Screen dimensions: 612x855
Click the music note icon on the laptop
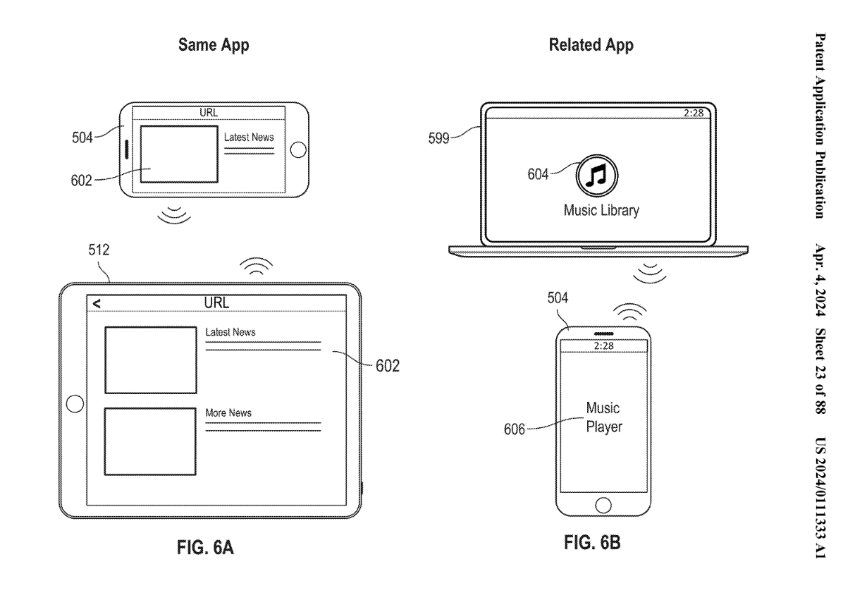(597, 173)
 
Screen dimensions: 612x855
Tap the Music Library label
(601, 210)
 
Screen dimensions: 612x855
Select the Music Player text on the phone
(604, 417)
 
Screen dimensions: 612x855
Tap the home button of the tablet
(73, 404)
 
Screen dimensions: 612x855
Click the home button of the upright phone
(603, 504)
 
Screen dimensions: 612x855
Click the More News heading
(228, 412)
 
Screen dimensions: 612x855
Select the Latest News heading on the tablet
(230, 331)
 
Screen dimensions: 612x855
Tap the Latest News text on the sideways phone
(249, 137)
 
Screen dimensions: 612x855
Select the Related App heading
(591, 47)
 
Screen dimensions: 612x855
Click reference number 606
(515, 428)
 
